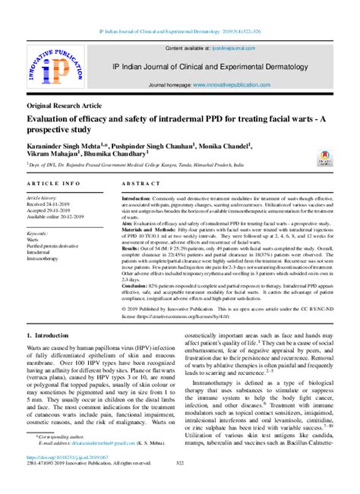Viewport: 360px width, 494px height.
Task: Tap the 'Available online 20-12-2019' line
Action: (58, 215)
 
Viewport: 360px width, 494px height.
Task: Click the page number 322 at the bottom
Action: (180, 464)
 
